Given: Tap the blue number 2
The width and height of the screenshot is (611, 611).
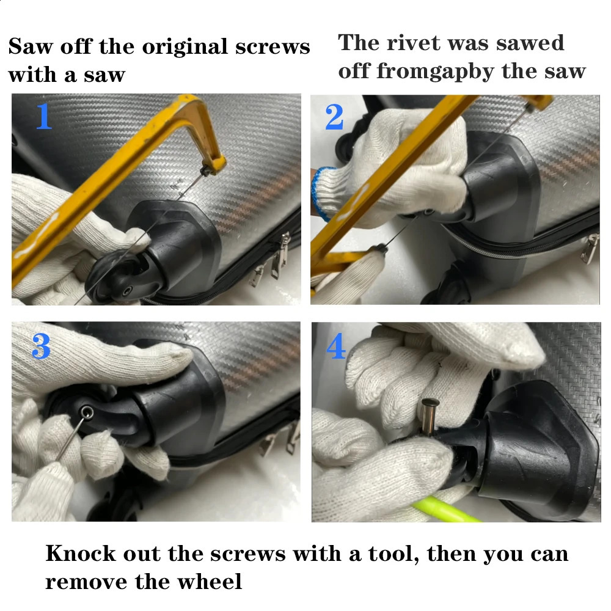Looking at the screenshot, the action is tap(334, 117).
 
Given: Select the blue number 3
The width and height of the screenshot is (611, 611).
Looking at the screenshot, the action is tap(42, 346).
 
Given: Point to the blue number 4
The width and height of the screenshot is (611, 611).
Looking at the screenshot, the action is tap(335, 346).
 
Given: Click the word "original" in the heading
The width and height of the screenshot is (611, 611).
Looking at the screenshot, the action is tap(185, 48).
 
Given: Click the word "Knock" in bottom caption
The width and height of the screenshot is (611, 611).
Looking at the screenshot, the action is tap(81, 554).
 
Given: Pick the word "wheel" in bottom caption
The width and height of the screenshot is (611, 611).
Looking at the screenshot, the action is tap(210, 582).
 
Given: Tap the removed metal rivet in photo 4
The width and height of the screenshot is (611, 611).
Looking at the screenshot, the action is tap(429, 416).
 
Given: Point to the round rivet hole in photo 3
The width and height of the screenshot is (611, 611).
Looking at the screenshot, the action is tap(87, 412).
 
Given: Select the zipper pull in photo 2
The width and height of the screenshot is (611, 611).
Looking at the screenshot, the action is tap(589, 248).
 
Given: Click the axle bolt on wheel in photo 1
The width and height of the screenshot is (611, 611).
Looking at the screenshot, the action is tap(126, 291).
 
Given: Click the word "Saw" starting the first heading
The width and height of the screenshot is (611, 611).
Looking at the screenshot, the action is tap(30, 47).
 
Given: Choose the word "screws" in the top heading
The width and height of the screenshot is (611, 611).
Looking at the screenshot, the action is tap(273, 47).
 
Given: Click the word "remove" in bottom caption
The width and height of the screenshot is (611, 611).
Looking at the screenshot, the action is tap(86, 582).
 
